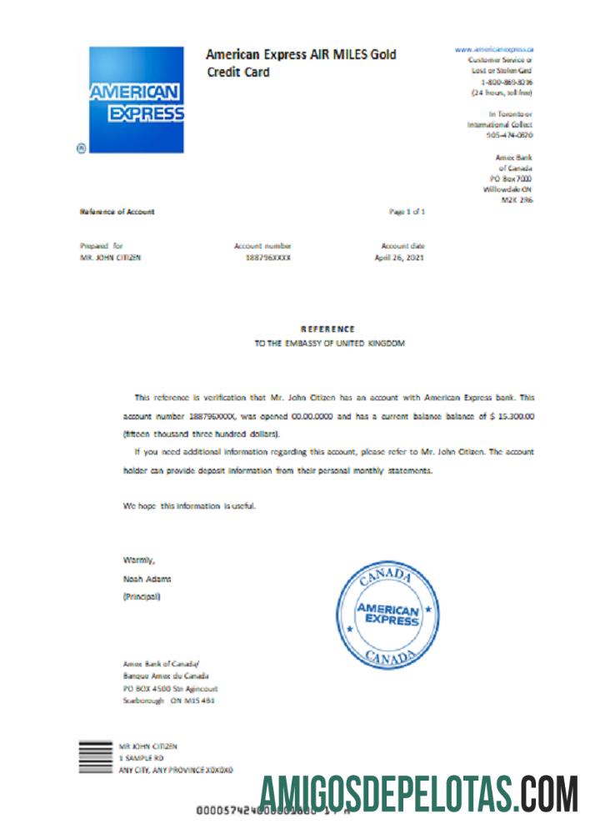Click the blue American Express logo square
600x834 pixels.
136,99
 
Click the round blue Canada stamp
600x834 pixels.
387,615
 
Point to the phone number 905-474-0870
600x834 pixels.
509,134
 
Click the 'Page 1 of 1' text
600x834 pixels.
407,212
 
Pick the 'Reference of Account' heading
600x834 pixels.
117,212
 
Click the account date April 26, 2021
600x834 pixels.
400,258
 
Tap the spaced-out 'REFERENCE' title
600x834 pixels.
327,329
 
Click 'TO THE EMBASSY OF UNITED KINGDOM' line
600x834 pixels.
329,343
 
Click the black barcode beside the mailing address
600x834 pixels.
95,757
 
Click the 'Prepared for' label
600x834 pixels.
102,246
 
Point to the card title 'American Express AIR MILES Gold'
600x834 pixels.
301,55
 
